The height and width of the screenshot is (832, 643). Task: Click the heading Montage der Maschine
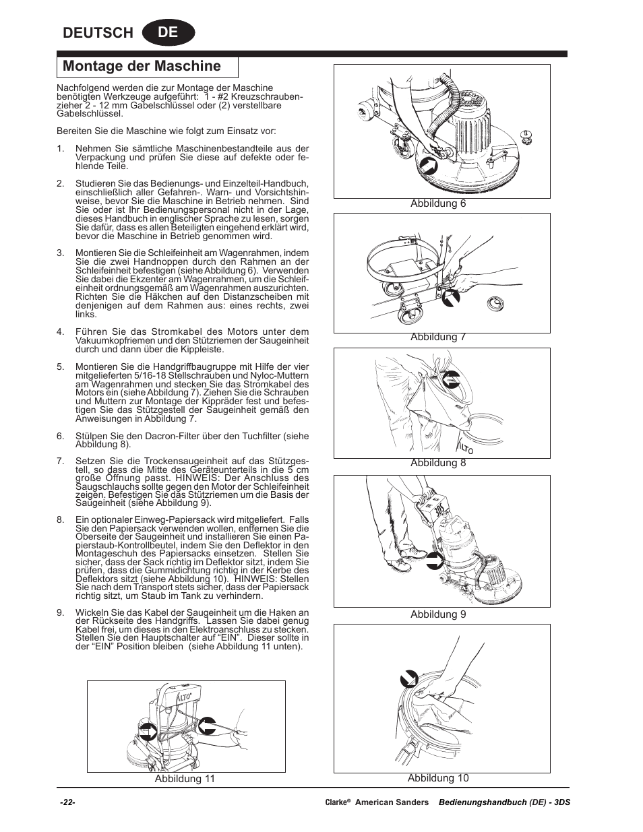pyautogui.click(x=142, y=66)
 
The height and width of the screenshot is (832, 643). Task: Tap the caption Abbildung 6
pyautogui.click(x=438, y=204)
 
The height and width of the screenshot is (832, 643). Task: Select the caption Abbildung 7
pyautogui.click(x=438, y=338)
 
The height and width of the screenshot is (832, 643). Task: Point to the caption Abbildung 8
pyautogui.click(x=438, y=463)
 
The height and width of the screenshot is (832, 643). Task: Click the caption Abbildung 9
pyautogui.click(x=438, y=614)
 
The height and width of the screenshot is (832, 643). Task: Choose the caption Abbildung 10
pyautogui.click(x=438, y=778)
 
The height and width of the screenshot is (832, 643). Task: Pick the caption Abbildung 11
pyautogui.click(x=185, y=779)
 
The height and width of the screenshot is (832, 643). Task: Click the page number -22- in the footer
pyautogui.click(x=67, y=802)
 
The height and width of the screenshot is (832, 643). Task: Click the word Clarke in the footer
pyautogui.click(x=336, y=802)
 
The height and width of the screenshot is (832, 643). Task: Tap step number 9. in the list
pyautogui.click(x=60, y=613)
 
